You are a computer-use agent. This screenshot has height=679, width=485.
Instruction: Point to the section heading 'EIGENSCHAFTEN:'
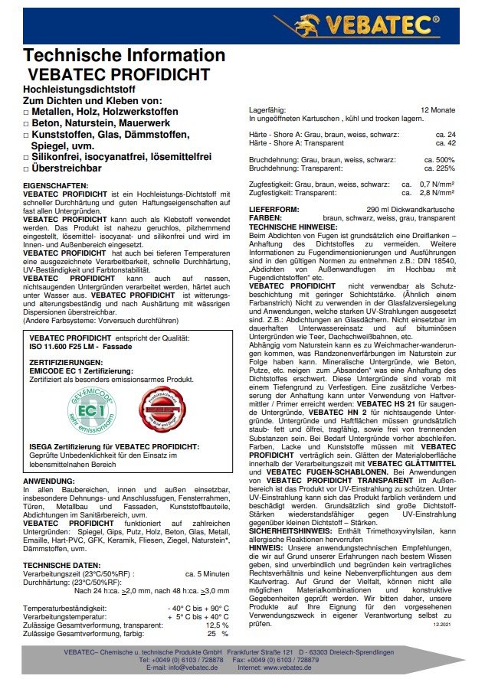click(x=56, y=186)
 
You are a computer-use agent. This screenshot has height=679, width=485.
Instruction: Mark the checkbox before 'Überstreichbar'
click(x=27, y=168)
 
